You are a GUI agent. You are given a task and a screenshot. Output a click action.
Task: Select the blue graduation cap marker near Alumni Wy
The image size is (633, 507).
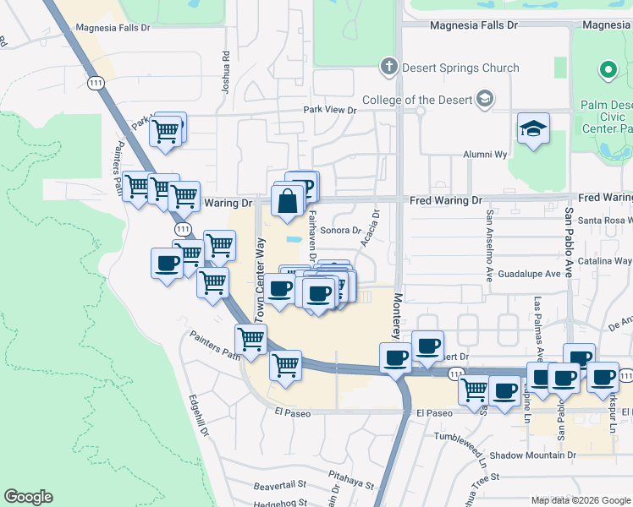click(x=533, y=129)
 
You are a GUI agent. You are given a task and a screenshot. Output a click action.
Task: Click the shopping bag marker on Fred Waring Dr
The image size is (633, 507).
click(x=288, y=201)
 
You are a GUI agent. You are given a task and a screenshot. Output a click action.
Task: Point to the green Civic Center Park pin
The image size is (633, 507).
click(x=607, y=70)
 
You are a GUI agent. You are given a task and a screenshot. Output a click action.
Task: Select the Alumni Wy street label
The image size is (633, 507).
click(x=484, y=155)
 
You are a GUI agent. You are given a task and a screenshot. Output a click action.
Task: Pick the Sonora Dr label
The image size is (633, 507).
click(x=341, y=230)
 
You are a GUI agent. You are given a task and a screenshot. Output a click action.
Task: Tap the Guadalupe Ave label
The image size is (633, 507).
click(x=530, y=274)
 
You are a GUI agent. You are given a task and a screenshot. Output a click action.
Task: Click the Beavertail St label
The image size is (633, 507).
click(x=279, y=486)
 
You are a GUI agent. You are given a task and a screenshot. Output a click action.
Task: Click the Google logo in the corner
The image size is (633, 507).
click(x=28, y=497)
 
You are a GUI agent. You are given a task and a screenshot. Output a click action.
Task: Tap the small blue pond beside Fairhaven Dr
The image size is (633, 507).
click(x=294, y=240)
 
